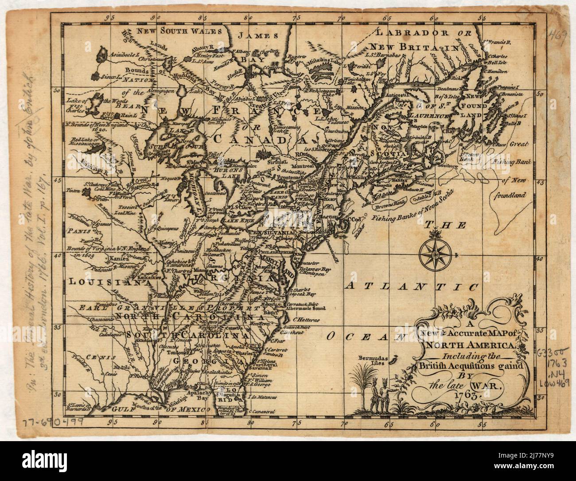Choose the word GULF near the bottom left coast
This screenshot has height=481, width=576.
(126, 410)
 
